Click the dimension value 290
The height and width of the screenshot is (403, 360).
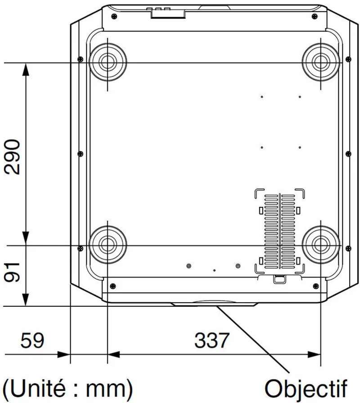(12, 157)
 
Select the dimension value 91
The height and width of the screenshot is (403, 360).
(12, 273)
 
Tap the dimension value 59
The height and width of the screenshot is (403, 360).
(32, 340)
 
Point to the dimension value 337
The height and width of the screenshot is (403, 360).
(211, 340)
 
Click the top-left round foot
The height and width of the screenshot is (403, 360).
(108, 62)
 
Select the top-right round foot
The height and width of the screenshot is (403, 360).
(321, 62)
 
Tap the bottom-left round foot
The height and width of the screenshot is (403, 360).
(108, 245)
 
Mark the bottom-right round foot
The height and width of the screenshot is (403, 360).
(321, 245)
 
